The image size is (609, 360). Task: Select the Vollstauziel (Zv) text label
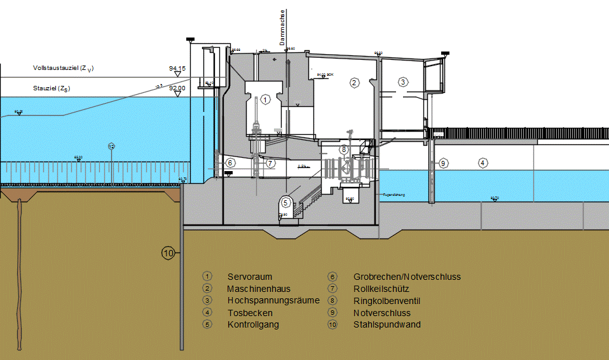[x=67, y=68]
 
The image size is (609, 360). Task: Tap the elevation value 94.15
[x=177, y=68]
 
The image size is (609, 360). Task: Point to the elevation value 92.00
[x=177, y=88]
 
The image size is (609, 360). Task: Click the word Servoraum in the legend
[x=250, y=277]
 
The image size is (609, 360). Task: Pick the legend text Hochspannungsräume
[x=273, y=300]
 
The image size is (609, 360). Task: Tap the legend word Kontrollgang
[x=253, y=324]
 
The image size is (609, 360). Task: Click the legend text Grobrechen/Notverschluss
[x=406, y=277]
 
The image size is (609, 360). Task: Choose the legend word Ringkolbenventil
[x=387, y=300]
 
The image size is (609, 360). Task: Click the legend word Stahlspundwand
[x=387, y=324]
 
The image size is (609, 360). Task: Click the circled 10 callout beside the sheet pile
[x=168, y=253]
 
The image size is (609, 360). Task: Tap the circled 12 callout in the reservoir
[x=111, y=146]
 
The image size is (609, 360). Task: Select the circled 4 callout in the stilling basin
[x=483, y=163]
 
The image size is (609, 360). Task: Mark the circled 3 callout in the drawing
[x=402, y=81]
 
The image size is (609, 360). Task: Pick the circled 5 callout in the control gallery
[x=285, y=202]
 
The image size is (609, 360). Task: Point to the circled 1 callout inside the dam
[x=265, y=99]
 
